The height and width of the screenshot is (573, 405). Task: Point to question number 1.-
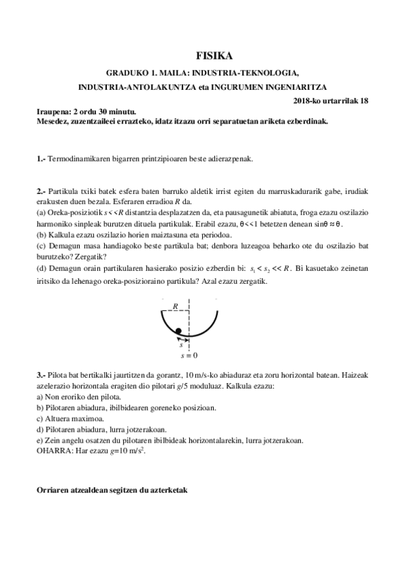tap(41, 159)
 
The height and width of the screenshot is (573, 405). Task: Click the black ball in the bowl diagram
tap(178, 330)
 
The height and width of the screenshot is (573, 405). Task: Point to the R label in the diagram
tap(176, 306)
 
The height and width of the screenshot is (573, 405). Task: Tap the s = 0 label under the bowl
tap(189, 355)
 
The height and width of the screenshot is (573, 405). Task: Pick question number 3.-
tap(41, 374)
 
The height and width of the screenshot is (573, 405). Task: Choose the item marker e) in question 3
tap(40, 439)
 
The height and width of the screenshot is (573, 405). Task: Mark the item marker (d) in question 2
tap(41, 268)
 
